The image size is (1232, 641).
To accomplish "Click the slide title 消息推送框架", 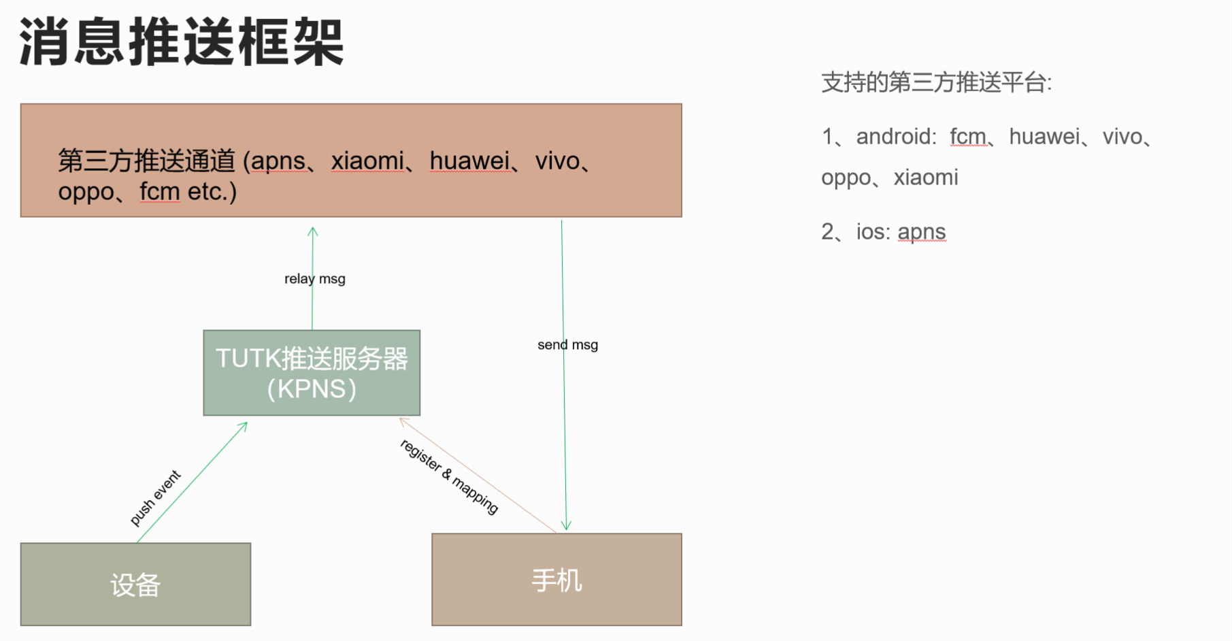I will tap(182, 42).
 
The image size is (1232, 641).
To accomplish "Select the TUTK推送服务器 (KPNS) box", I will tap(312, 373).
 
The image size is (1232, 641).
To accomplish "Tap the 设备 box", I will tap(135, 584).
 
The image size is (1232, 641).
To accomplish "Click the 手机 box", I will tap(556, 580).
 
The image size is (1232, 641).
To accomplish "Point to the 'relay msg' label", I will tap(314, 279).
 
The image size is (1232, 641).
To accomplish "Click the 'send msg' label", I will tap(567, 345).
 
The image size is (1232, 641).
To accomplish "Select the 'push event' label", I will tap(155, 498).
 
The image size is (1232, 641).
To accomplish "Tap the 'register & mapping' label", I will tap(449, 476).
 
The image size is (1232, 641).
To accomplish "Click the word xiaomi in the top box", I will tap(367, 161).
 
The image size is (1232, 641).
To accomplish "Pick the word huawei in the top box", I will tap(469, 161).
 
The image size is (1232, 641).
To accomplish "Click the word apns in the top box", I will tap(278, 161).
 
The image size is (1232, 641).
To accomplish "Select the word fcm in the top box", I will tap(160, 192).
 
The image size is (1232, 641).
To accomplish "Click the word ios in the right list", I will tap(872, 232).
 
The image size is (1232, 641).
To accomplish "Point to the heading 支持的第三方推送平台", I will tap(936, 83).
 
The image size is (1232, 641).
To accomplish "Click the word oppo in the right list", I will tap(846, 178).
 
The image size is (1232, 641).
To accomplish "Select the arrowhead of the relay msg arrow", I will tap(313, 231).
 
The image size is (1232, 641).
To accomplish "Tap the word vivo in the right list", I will tap(1122, 137).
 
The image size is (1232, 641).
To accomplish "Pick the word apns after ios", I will tap(921, 232).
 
